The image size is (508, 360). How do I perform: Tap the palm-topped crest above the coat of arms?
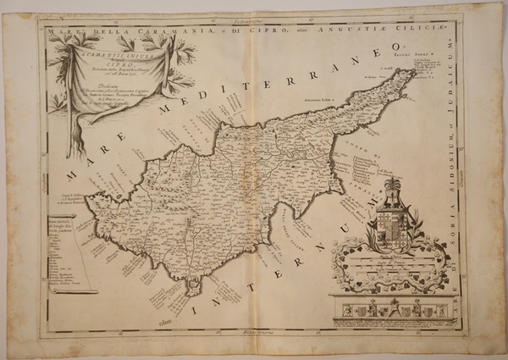coord(392,188)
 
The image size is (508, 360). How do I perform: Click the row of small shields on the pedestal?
coord(391,312)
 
